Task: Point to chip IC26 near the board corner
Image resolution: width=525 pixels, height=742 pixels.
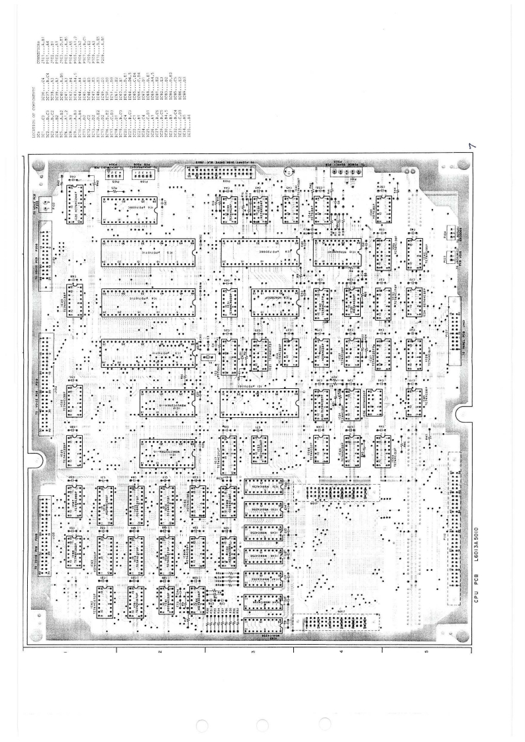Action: pyautogui.click(x=74, y=196)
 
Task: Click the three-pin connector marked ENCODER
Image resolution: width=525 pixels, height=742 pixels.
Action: pyautogui.click(x=457, y=254)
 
